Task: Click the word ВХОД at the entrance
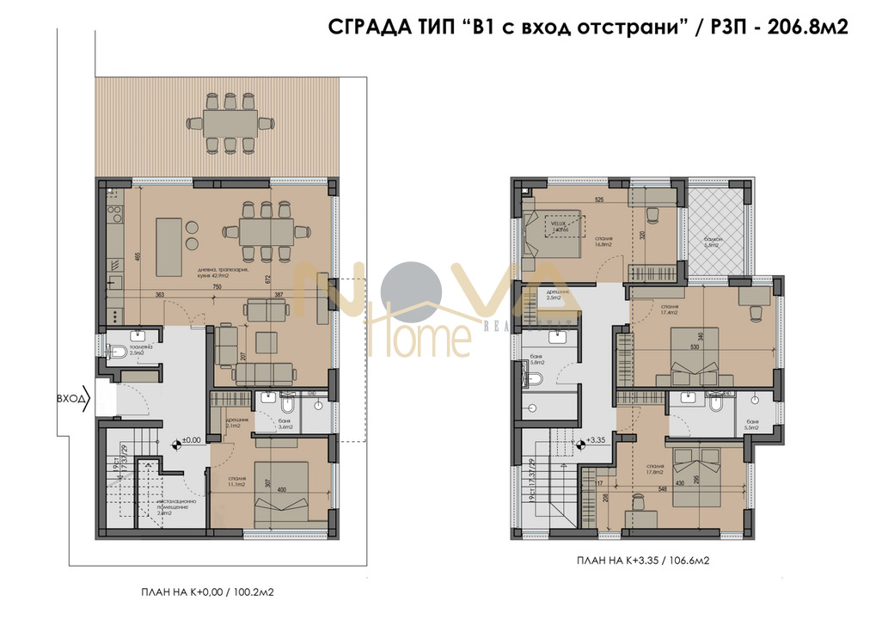pos(70,399)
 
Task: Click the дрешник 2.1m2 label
pos(236,423)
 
